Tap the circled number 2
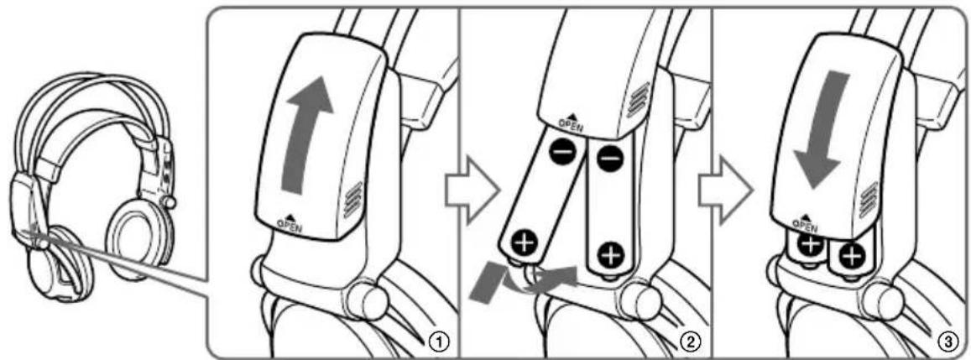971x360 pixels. click(x=689, y=342)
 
